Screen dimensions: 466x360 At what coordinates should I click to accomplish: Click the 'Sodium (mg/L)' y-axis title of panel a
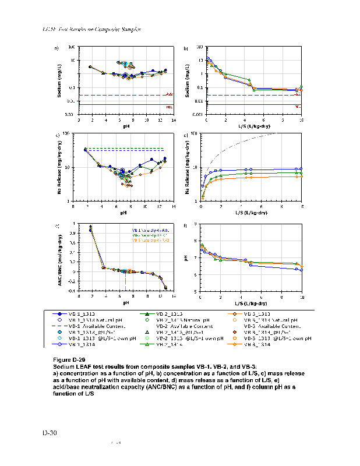[x=60, y=81]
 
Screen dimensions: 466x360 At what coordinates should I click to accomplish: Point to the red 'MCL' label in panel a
[x=170, y=107]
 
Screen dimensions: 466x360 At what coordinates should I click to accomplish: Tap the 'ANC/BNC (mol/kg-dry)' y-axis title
[x=60, y=257]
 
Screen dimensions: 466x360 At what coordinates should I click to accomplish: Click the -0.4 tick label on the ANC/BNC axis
[x=70, y=291]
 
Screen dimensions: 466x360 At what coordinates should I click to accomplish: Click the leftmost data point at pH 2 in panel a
[x=90, y=67]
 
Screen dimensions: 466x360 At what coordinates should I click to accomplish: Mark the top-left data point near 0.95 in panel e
[x=90, y=227]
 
